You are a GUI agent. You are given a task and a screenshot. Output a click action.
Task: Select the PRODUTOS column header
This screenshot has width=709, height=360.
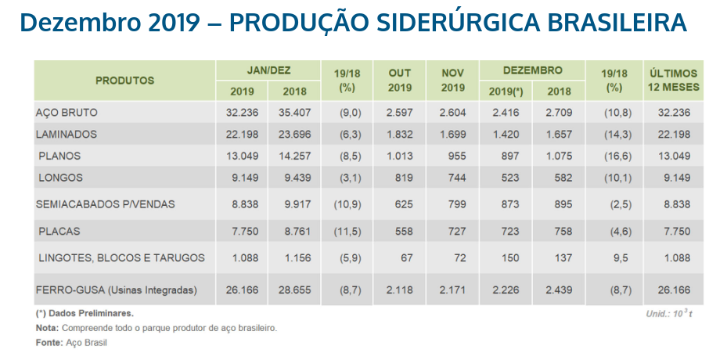pos(124,81)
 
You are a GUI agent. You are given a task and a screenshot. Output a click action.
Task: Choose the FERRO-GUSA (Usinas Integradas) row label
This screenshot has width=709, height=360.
pos(116,290)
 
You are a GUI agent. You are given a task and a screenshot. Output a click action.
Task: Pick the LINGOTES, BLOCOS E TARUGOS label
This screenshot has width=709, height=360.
pos(121,257)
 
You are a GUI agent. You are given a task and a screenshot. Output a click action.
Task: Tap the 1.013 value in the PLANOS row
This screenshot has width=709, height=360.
pos(400,156)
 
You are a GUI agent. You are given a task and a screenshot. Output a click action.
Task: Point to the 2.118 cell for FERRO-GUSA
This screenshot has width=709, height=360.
pos(400,290)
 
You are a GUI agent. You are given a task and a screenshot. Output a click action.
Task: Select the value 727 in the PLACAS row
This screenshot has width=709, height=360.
pos(454,232)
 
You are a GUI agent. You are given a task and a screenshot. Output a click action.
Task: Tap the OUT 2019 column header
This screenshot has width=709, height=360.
pos(400,81)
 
